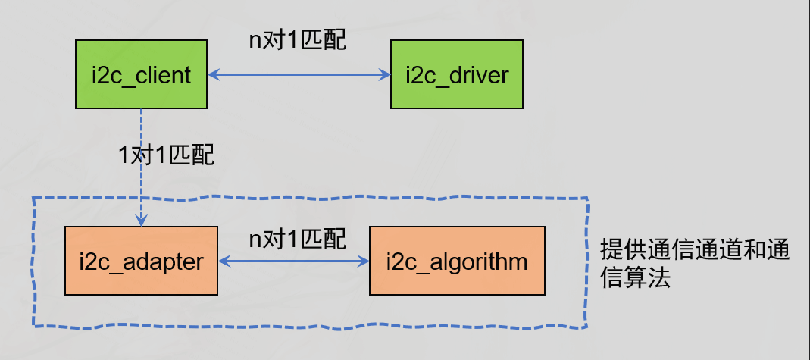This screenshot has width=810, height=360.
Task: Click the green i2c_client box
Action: (141, 75)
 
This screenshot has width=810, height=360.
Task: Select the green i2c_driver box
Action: (456, 75)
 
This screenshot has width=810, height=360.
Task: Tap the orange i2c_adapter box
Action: (141, 262)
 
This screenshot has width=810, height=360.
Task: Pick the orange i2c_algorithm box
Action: (456, 262)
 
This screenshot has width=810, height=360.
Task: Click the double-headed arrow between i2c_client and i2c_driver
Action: (299, 75)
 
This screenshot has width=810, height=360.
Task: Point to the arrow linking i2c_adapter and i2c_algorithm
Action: (292, 262)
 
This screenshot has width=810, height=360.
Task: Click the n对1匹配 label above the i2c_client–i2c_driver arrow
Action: (298, 40)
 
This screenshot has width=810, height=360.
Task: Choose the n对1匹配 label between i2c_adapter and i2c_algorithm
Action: (298, 239)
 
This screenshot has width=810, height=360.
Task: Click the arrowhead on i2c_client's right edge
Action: (214, 75)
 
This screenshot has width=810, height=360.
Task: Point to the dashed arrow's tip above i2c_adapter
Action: (141, 220)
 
